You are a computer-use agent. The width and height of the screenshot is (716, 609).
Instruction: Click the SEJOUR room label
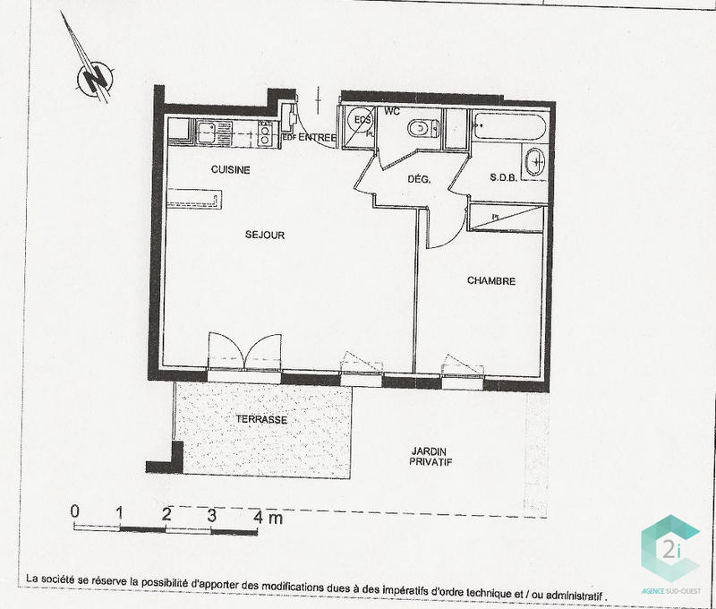(x=265, y=236)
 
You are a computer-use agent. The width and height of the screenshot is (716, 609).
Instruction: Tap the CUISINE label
(x=231, y=170)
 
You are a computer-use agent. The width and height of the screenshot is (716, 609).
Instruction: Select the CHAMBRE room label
(x=490, y=281)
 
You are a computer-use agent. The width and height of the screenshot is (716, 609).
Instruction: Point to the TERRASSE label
(x=261, y=419)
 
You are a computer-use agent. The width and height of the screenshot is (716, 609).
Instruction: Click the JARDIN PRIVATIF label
(x=430, y=457)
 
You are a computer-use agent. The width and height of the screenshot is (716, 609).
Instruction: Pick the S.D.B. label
(x=504, y=178)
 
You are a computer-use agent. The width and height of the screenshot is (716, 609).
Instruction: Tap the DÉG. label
(x=419, y=179)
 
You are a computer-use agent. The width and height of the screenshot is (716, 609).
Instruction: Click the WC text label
(x=391, y=112)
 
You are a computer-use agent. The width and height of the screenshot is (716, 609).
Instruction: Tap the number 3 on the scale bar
(x=212, y=515)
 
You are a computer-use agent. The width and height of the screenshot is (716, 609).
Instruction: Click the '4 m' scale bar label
(x=267, y=516)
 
